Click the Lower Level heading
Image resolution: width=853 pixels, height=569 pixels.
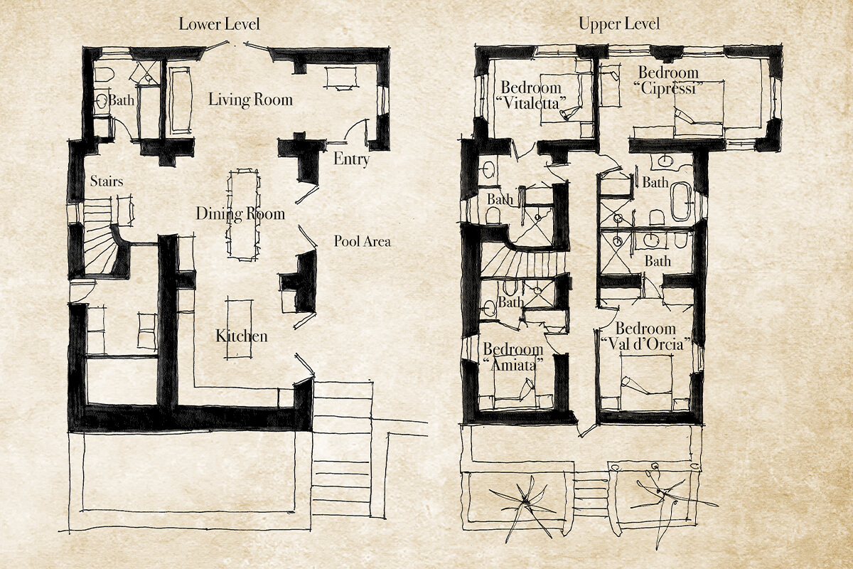click(220, 24)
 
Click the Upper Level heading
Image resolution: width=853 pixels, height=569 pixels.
click(619, 24)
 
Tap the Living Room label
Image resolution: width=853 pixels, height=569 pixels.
click(250, 100)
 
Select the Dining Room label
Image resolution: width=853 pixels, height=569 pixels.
click(240, 213)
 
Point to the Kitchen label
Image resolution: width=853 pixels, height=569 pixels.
click(242, 336)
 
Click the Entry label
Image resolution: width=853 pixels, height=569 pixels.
click(351, 159)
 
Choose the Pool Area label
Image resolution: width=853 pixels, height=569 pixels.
click(362, 241)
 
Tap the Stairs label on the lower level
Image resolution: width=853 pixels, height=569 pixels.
click(107, 181)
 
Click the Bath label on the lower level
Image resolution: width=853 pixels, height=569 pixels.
click(122, 100)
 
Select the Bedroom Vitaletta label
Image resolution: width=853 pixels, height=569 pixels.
click(531, 95)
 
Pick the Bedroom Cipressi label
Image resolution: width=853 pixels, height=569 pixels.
click(669, 80)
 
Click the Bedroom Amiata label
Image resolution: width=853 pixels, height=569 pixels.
click(513, 357)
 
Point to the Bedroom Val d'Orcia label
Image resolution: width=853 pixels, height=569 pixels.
click(646, 336)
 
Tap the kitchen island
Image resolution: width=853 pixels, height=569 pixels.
click(239, 329)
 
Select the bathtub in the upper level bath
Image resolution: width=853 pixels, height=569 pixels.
click(681, 202)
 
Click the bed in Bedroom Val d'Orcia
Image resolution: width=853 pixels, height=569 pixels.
click(646, 382)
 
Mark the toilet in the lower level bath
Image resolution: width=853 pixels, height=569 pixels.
click(104, 75)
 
